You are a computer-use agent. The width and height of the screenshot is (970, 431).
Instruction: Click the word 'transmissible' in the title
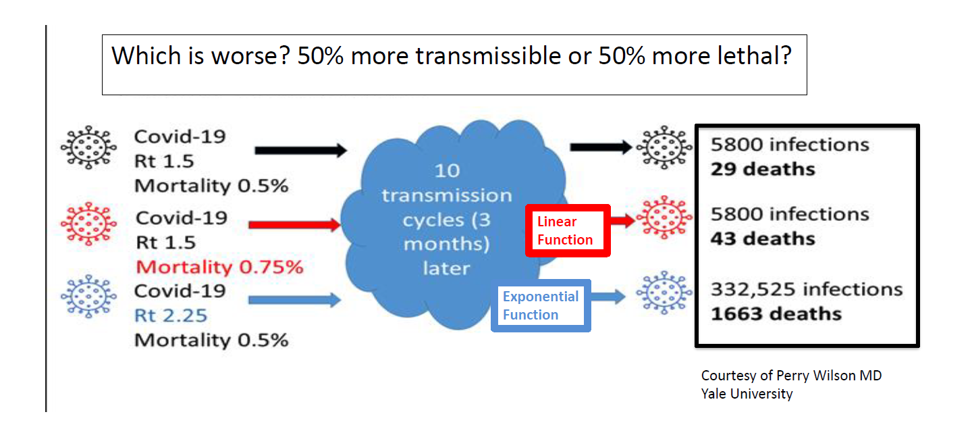pyautogui.click(x=488, y=56)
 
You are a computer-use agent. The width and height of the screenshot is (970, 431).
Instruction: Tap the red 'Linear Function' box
pyautogui.click(x=568, y=231)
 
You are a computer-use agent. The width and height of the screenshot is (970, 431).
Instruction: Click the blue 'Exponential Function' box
pyautogui.click(x=541, y=306)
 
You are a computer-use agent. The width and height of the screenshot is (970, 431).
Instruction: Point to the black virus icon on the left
pyautogui.click(x=89, y=147)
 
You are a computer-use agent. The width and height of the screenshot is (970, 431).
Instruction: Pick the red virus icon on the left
pyautogui.click(x=89, y=224)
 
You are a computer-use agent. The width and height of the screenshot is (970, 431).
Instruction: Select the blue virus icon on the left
pyautogui.click(x=89, y=297)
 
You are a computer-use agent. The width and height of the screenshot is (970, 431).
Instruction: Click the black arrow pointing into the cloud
pyautogui.click(x=301, y=150)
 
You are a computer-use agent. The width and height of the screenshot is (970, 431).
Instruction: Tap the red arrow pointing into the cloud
pyautogui.click(x=295, y=224)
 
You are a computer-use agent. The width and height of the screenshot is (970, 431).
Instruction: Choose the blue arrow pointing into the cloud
pyautogui.click(x=295, y=300)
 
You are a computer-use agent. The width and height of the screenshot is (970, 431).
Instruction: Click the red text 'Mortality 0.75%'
pyautogui.click(x=219, y=268)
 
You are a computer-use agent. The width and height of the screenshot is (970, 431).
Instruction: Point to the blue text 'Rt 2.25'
pyautogui.click(x=171, y=315)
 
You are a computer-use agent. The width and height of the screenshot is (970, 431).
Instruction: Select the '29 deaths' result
pyautogui.click(x=763, y=169)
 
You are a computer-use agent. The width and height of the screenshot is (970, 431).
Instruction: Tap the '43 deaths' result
pyautogui.click(x=763, y=238)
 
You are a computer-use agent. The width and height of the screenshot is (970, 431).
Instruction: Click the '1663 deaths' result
pyautogui.click(x=776, y=313)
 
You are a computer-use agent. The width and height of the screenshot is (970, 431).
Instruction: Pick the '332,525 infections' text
pyautogui.click(x=807, y=289)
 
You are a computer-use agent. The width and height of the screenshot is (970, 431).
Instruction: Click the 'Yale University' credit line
pyautogui.click(x=747, y=394)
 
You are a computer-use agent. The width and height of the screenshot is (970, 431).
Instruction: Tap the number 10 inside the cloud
pyautogui.click(x=448, y=171)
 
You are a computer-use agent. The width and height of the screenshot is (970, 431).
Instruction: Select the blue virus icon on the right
pyautogui.click(x=664, y=293)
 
